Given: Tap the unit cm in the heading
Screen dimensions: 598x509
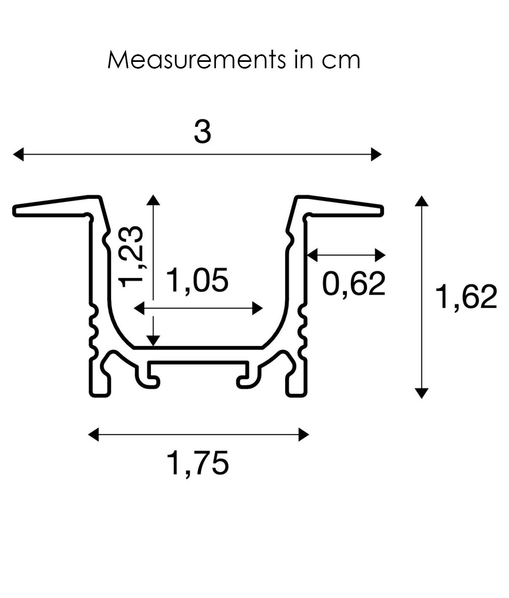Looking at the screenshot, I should tap(341, 60).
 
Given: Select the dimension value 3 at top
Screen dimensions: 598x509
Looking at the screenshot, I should tap(202, 132).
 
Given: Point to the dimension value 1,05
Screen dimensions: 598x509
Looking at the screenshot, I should tap(198, 280).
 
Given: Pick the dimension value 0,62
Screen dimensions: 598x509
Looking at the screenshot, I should tap(354, 284).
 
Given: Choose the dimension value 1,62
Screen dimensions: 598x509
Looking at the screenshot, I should tap(466, 297).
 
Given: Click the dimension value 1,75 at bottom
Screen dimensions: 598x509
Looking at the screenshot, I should tap(198, 463).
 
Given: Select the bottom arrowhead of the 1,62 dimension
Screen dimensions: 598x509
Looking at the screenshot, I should tap(421, 393).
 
